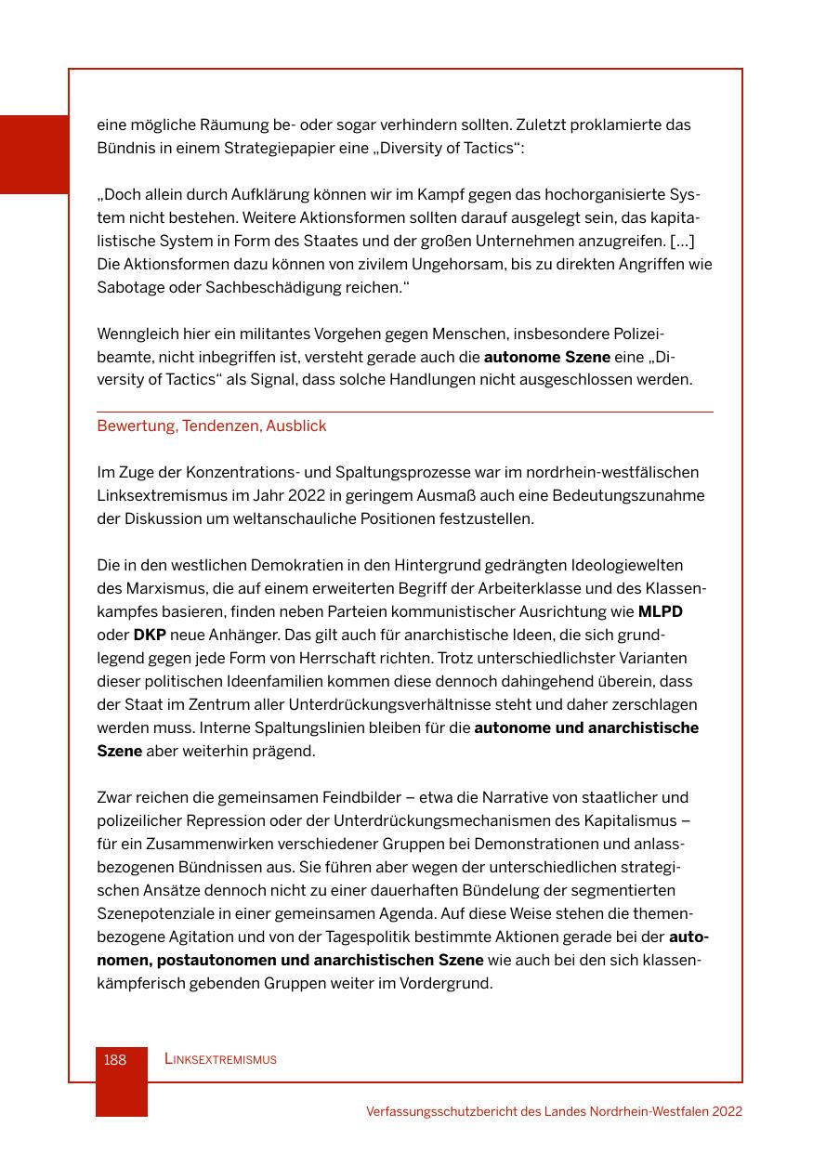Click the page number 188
pos(115,1059)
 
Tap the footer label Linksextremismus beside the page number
pos(220,1059)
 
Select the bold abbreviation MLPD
pos(660,611)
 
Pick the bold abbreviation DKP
pos(150,635)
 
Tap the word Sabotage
pos(129,287)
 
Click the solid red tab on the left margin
pos(34,154)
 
